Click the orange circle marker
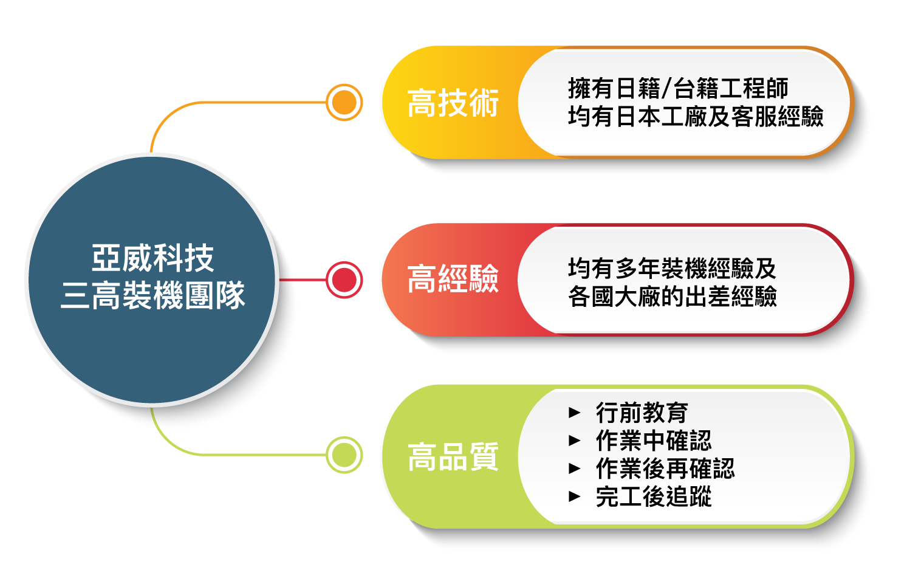point(344,102)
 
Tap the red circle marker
point(344,280)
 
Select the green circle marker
point(344,455)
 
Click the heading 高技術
point(453,103)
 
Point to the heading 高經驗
point(453,280)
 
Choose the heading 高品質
point(453,457)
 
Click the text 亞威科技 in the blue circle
point(152,258)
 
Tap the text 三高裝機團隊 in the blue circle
point(152,296)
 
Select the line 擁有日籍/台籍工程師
point(678,89)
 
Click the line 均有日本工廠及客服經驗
point(696,116)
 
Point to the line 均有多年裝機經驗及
point(672,268)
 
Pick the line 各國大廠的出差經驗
point(672,297)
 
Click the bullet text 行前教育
point(642,413)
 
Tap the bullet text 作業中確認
point(653,441)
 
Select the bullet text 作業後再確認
point(665,469)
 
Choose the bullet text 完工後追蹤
point(653,496)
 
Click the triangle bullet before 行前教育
point(575,413)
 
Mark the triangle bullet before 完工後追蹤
point(575,496)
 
